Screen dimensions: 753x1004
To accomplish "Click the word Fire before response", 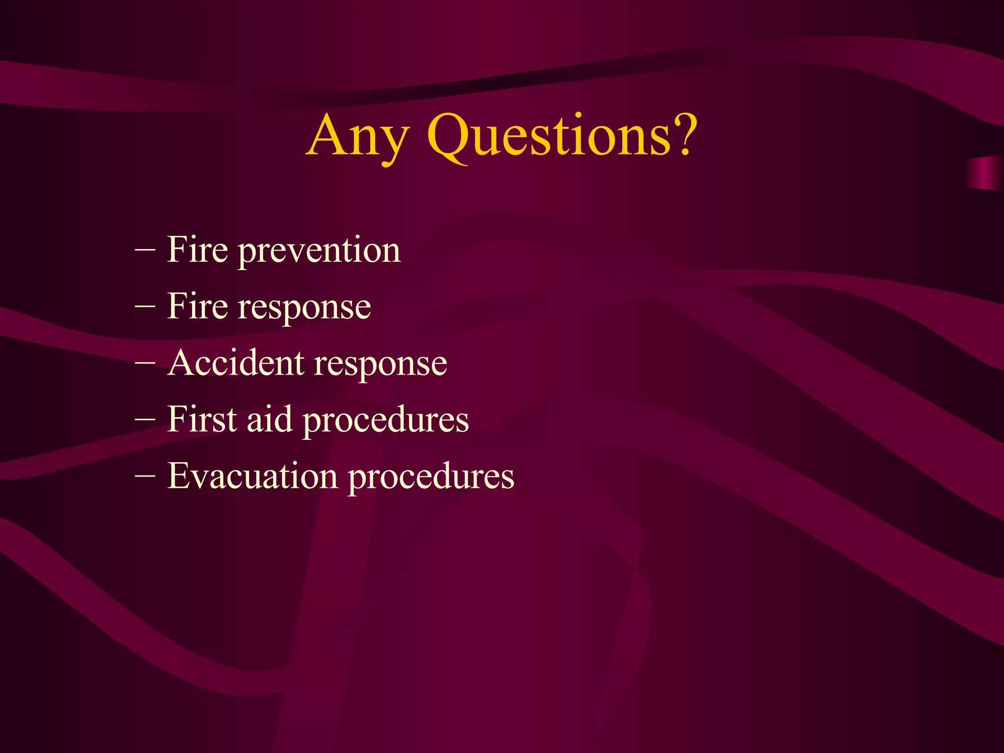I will pos(197,306).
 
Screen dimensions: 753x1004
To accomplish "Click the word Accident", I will pos(235,363).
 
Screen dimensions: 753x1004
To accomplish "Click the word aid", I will pos(269,420).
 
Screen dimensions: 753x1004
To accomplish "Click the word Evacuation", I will pos(252,476).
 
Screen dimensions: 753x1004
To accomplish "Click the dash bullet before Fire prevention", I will pos(145,251).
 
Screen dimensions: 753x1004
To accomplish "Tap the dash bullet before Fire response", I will pos(145,307).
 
